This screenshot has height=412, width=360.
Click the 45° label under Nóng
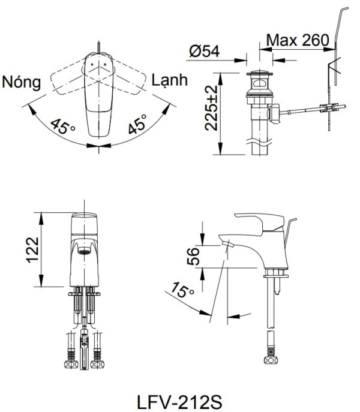pos(63,127)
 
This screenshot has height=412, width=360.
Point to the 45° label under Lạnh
pos(135,127)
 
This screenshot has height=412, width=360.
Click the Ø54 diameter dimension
pos(203,52)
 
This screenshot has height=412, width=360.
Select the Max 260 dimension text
pos(298,40)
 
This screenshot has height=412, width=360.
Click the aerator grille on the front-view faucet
pos(85,252)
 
